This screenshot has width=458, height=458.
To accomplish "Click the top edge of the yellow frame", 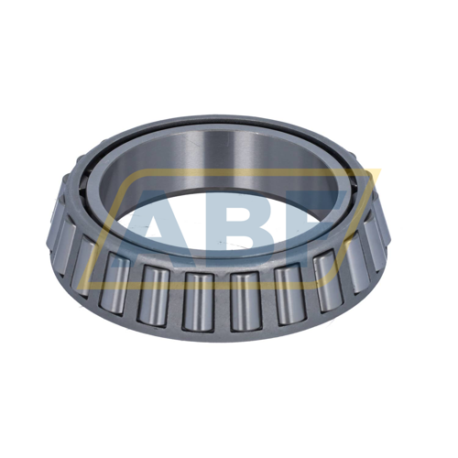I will click(229, 171).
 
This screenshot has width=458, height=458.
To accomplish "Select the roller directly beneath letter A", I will click(152, 293).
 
